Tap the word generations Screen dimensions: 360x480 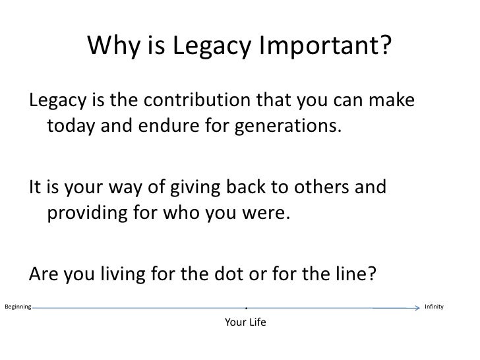tap(288, 125)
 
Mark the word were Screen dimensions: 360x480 tap(268, 212)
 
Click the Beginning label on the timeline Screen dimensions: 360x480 tap(16, 307)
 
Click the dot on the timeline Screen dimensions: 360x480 tap(245, 308)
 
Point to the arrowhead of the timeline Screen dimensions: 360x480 tap(415, 307)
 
